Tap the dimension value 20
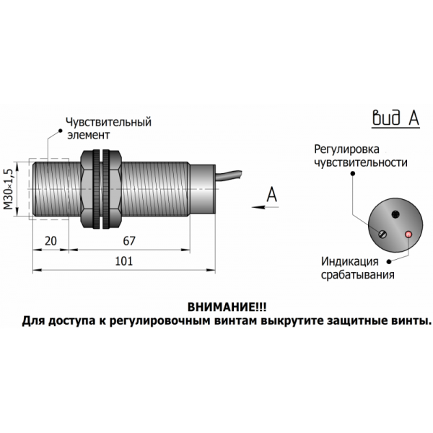(51, 241)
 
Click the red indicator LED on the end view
(408, 235)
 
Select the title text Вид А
(395, 118)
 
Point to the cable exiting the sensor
(235, 175)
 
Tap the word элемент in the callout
(88, 135)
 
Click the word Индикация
(349, 261)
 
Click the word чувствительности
(357, 162)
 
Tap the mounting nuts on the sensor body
(100, 189)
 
